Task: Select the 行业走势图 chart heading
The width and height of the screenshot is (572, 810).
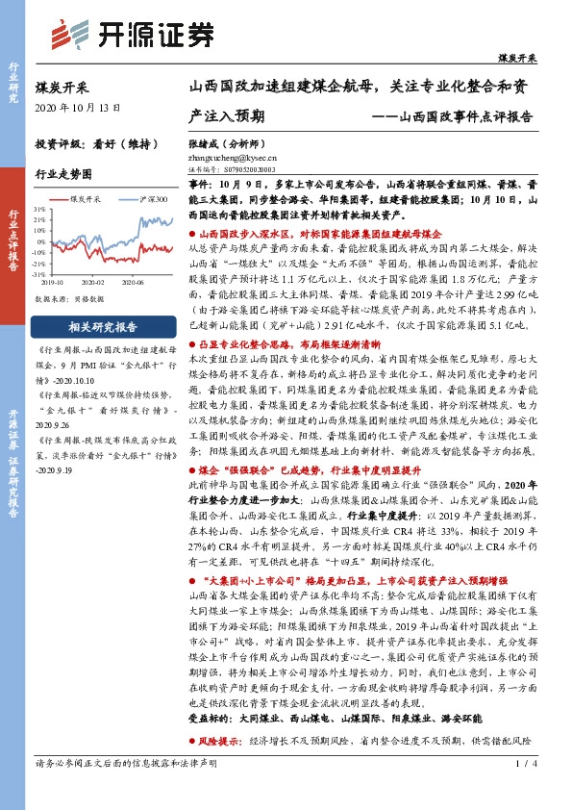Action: click(x=63, y=174)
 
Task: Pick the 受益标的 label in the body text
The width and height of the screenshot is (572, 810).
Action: click(x=211, y=744)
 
